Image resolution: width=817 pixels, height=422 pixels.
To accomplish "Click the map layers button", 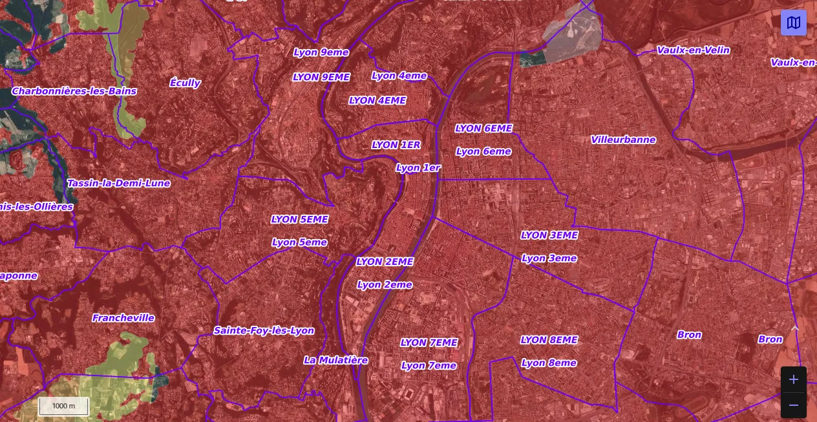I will coord(794,23).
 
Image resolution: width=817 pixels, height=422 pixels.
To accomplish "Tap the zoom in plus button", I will coord(794,379).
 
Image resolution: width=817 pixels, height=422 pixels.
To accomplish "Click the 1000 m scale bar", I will coord(63,406).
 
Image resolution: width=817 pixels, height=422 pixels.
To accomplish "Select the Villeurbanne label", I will coord(623,140).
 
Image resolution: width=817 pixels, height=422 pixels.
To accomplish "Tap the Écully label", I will coord(185,83).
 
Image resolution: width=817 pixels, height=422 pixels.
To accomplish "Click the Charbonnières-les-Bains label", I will coord(74,91).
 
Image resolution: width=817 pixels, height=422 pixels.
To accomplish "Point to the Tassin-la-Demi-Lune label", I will coord(119,183).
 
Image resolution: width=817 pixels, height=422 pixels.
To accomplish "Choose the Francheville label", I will coord(123,318).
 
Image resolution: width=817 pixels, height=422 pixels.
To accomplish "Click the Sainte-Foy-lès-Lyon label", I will coord(264,330).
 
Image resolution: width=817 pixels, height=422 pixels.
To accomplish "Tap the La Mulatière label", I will coord(335,360).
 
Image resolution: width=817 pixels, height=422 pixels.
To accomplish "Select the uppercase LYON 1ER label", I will coord(396,145).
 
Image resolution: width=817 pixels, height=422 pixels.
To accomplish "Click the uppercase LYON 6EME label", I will coord(483,129).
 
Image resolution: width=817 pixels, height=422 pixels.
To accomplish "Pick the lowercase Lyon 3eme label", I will coord(549,258).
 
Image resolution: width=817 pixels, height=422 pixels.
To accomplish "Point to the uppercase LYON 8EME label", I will coord(549,340).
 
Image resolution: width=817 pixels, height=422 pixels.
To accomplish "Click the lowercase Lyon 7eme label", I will coord(429,365).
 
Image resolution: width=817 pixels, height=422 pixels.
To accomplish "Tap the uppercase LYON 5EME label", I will coord(299,219).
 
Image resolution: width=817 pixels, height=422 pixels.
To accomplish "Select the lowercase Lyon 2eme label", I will coord(385,284).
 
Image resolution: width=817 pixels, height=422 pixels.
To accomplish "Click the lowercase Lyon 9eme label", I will coord(321,52).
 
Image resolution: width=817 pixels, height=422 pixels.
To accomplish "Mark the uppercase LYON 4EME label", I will coord(377,100).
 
